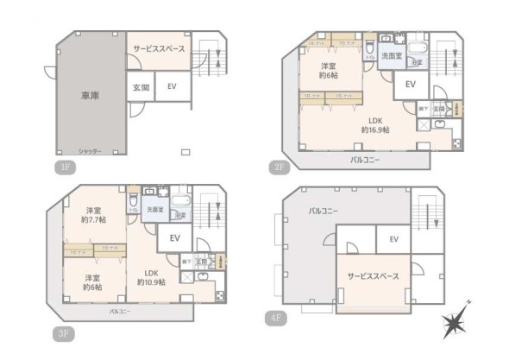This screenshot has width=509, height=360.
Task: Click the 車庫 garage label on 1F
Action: click(x=89, y=96)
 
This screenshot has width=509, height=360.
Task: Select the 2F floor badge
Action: click(x=280, y=167)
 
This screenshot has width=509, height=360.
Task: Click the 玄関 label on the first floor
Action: click(x=140, y=87)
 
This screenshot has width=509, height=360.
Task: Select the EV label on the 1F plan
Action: click(x=172, y=86)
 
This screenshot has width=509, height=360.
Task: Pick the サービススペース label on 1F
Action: click(x=158, y=49)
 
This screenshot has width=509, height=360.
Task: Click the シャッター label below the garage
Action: click(x=90, y=152)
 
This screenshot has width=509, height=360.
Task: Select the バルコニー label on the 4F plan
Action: click(x=324, y=211)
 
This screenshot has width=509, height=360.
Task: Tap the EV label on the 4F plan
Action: click(x=393, y=239)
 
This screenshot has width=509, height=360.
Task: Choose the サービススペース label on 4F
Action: click(x=373, y=276)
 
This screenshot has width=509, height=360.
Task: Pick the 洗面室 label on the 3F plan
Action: click(x=155, y=210)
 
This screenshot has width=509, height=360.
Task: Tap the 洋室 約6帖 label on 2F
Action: click(x=328, y=71)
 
